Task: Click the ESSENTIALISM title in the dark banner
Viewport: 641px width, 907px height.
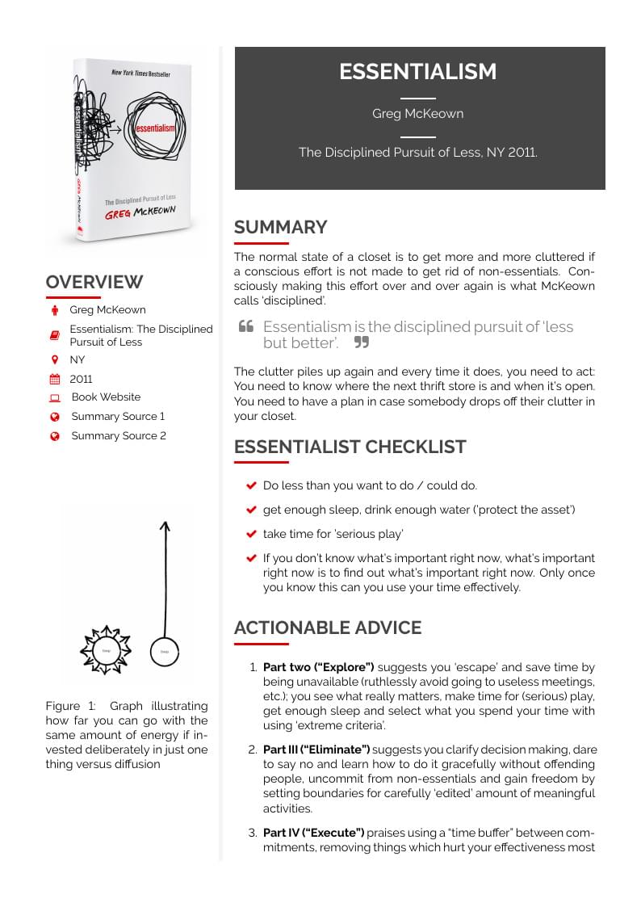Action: pos(417,72)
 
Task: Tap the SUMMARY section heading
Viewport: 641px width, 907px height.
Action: pos(280,227)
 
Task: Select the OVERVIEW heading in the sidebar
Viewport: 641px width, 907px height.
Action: pos(94,282)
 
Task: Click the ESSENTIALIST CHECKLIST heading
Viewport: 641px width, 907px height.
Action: pos(350,447)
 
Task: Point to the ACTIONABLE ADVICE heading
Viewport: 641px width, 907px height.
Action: pos(327,628)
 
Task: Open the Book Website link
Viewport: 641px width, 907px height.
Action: pos(106,397)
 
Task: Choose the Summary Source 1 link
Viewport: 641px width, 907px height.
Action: pos(118,417)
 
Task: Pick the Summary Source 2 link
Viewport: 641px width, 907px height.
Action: pos(119,436)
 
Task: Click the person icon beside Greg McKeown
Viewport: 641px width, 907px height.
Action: pos(55,310)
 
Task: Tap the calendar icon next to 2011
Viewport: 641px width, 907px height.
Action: pos(55,379)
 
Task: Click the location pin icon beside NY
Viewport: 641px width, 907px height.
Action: pos(55,359)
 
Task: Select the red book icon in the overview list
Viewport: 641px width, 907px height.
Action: pos(55,335)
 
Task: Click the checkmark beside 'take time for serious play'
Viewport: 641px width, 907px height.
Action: pos(251,535)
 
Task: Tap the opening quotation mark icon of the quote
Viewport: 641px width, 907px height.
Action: pos(246,327)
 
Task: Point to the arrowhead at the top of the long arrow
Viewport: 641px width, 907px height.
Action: pos(165,527)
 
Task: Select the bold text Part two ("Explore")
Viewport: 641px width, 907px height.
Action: pos(318,668)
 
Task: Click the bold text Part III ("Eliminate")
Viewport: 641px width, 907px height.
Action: pos(316,750)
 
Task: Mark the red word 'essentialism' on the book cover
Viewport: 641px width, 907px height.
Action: pos(155,128)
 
